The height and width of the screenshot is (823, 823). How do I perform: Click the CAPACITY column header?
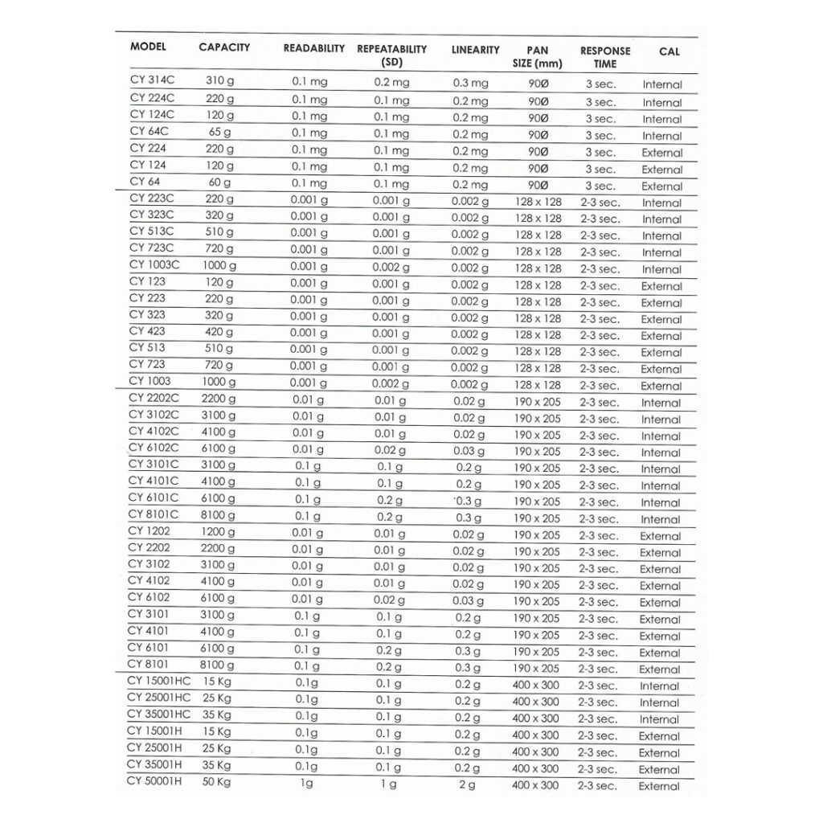(x=224, y=47)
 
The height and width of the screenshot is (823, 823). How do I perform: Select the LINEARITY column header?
(x=475, y=50)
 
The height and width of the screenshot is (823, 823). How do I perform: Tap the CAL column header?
(x=669, y=51)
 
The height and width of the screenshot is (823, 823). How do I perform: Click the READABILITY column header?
(x=313, y=48)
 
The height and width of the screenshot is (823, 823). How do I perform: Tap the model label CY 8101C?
(x=153, y=514)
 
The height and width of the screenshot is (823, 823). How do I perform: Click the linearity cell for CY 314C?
(x=470, y=84)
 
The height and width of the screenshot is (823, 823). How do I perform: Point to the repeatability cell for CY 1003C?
(x=391, y=268)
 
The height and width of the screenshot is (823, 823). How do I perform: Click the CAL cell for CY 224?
(x=661, y=153)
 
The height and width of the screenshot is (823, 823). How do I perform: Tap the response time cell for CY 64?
(x=600, y=186)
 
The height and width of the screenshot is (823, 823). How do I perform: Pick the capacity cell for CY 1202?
(x=219, y=532)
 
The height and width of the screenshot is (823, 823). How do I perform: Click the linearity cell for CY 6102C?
(x=469, y=452)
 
